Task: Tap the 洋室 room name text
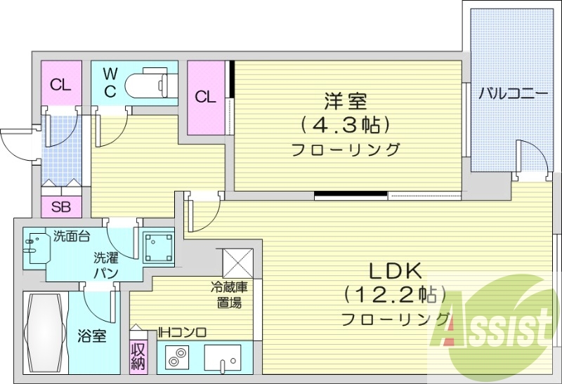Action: point(345,101)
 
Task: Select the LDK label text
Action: point(394,271)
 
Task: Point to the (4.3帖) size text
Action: point(345,126)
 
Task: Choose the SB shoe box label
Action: point(61,207)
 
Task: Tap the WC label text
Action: point(110,82)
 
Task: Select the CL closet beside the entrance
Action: point(60,85)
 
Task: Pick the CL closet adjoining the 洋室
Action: point(205,98)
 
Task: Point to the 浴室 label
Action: point(92,336)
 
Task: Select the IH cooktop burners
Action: point(176,358)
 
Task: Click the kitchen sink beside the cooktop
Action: point(223,358)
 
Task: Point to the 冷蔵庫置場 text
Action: point(228,295)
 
